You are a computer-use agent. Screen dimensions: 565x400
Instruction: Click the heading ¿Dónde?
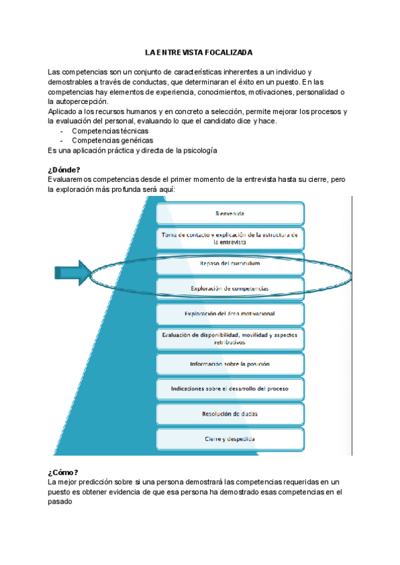point(65,170)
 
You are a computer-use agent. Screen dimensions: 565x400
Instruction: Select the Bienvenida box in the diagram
point(230,214)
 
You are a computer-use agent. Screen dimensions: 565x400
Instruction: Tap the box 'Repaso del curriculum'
point(230,264)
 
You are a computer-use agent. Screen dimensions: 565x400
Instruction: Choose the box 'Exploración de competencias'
point(230,288)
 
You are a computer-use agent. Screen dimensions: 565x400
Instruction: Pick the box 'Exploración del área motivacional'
point(230,313)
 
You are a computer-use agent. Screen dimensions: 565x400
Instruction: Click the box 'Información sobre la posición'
point(230,364)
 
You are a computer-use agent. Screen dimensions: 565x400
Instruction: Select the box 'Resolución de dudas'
point(230,414)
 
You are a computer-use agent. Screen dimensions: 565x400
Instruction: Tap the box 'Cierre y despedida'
point(230,439)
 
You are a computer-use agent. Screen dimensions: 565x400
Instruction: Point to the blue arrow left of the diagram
point(73,273)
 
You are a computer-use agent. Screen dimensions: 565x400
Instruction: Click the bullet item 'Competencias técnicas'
point(110,131)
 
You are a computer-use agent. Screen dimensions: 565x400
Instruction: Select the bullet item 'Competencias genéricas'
point(112,141)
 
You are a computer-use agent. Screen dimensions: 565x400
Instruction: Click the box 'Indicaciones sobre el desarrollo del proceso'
point(230,389)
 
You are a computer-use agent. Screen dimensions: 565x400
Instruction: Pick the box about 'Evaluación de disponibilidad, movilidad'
point(230,338)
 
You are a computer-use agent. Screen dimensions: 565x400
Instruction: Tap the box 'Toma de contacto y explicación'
point(230,239)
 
